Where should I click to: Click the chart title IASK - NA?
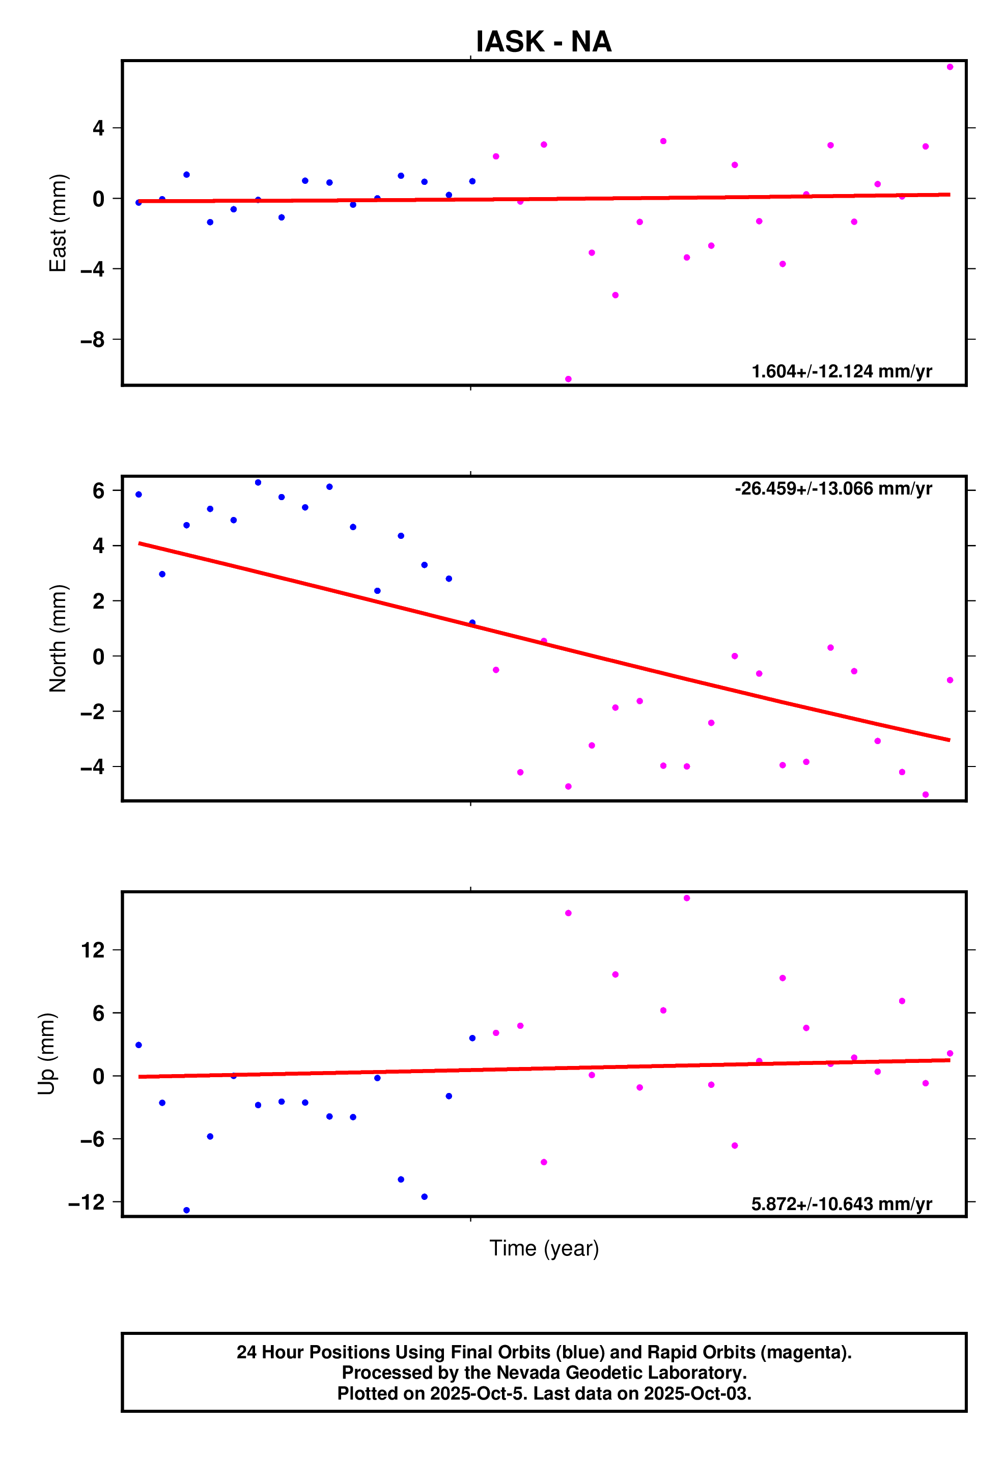543,42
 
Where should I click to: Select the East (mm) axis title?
58,223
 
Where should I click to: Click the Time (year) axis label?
544,1248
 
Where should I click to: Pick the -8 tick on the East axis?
92,340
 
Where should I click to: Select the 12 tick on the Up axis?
92,950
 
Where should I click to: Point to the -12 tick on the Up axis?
87,1202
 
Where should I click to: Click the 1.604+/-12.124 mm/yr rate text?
841,371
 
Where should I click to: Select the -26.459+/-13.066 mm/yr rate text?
833,488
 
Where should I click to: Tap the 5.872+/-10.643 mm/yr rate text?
841,1204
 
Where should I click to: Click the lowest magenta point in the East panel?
568,379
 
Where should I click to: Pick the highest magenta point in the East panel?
949,67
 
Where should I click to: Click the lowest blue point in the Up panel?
186,1210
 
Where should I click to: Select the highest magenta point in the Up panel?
687,898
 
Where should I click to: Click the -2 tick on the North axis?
92,711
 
